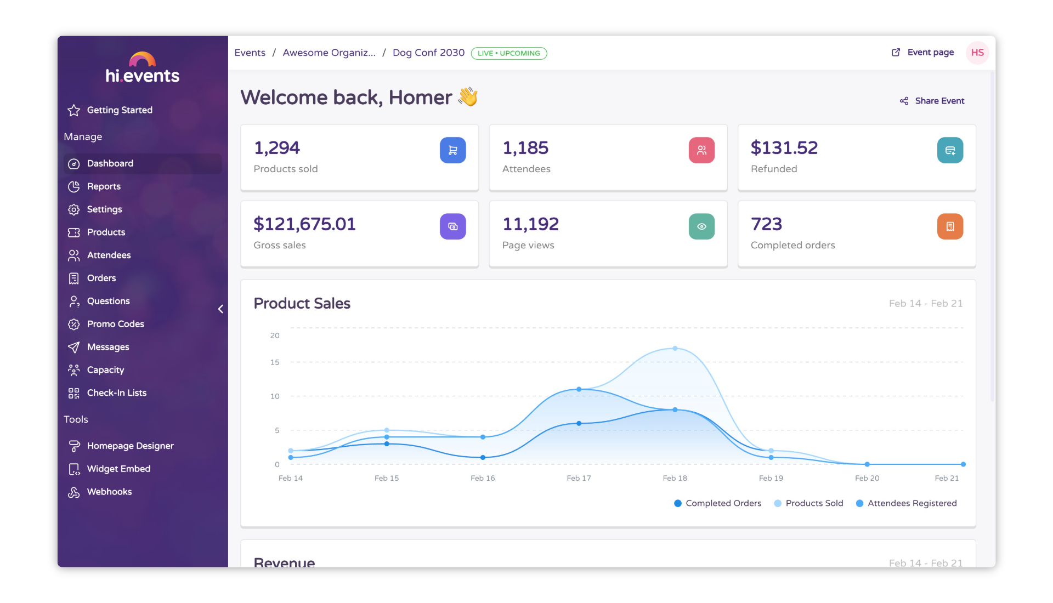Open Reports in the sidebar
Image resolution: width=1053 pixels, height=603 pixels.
click(103, 186)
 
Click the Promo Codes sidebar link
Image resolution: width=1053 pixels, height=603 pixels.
click(115, 324)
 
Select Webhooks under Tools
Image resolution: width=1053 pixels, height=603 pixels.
click(109, 492)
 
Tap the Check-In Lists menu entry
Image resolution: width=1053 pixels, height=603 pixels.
click(116, 393)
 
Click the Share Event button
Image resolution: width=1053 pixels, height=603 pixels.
click(932, 101)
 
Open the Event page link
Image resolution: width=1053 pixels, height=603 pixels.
click(923, 53)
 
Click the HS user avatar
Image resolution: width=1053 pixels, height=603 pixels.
click(977, 53)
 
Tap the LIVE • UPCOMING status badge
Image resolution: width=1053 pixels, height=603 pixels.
click(508, 53)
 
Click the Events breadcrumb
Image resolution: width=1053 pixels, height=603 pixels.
click(250, 53)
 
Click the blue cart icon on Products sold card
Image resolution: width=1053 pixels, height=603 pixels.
click(452, 150)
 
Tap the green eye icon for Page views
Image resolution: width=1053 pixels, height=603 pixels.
click(701, 226)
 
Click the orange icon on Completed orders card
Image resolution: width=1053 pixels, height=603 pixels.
click(950, 226)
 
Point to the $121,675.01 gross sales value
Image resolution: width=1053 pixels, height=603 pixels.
click(304, 224)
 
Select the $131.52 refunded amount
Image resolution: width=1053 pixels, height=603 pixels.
click(784, 148)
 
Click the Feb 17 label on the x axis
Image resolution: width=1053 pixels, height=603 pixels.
click(579, 478)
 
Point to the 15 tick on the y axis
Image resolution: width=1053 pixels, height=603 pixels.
click(275, 362)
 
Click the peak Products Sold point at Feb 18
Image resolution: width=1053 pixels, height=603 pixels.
click(675, 348)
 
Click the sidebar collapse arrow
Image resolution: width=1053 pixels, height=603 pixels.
click(220, 309)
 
